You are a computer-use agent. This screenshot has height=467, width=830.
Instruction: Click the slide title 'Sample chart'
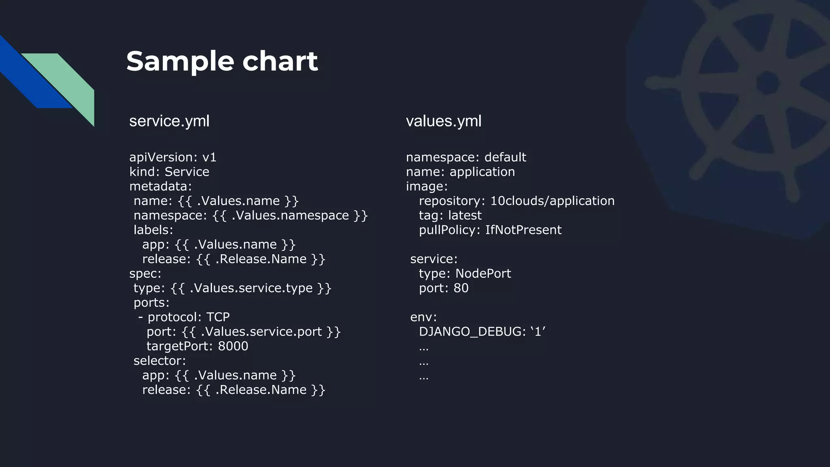pyautogui.click(x=222, y=61)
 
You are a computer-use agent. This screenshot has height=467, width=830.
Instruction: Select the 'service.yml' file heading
pyautogui.click(x=169, y=121)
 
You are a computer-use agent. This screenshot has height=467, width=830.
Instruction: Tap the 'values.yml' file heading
pyautogui.click(x=443, y=121)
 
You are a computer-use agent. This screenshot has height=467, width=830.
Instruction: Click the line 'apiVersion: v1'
pyautogui.click(x=173, y=157)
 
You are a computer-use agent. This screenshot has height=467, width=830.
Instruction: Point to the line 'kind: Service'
pyautogui.click(x=169, y=172)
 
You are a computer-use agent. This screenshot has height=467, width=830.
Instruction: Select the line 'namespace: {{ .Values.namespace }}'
pyautogui.click(x=250, y=215)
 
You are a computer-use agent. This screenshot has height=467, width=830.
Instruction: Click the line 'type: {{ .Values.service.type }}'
pyautogui.click(x=232, y=288)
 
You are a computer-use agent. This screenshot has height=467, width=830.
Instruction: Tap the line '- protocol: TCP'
pyautogui.click(x=184, y=317)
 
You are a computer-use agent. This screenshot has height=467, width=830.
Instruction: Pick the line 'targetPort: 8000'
pyautogui.click(x=197, y=346)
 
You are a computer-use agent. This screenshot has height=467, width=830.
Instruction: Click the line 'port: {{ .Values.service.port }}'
pyautogui.click(x=243, y=332)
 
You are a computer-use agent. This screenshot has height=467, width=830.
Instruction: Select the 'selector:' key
pyautogui.click(x=160, y=361)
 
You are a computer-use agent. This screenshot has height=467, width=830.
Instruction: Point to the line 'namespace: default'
pyautogui.click(x=466, y=157)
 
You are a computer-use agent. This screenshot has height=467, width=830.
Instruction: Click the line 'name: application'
pyautogui.click(x=460, y=172)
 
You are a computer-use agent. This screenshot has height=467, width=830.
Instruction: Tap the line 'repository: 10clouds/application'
pyautogui.click(x=516, y=201)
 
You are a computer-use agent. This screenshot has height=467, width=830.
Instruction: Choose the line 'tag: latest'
pyautogui.click(x=450, y=215)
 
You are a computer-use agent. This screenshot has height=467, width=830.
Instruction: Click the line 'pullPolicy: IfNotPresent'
pyautogui.click(x=490, y=230)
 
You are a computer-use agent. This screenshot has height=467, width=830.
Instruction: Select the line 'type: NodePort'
pyautogui.click(x=464, y=274)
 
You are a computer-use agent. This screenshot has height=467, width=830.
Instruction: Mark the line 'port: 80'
pyautogui.click(x=443, y=288)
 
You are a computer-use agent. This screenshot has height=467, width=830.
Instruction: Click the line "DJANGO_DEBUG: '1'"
pyautogui.click(x=482, y=332)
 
